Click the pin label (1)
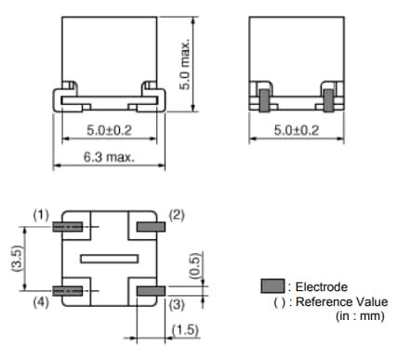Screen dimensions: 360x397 click(x=41, y=214)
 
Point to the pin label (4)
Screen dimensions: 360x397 click(x=41, y=302)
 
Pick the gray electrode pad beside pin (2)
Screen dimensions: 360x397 click(x=149, y=226)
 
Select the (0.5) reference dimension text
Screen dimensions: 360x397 click(x=194, y=264)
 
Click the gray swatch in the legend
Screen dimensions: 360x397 click(x=271, y=286)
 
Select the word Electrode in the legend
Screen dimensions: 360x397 click(x=322, y=287)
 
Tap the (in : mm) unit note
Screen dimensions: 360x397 click(x=358, y=316)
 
